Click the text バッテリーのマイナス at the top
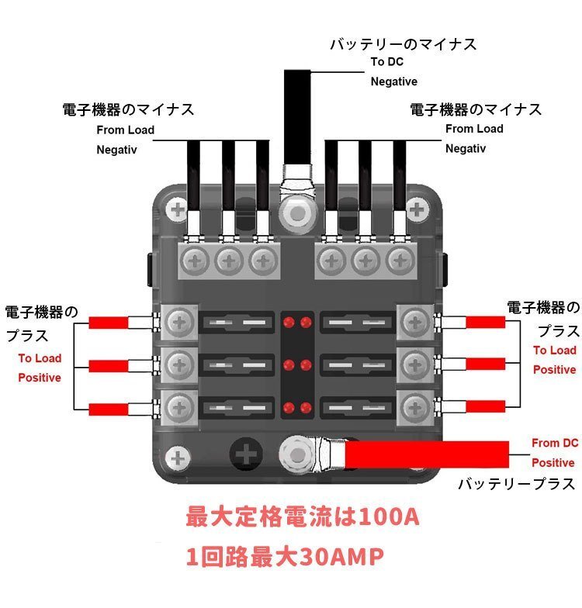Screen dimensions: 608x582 (403, 44)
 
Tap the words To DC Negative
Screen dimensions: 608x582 (393, 71)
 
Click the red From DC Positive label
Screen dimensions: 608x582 (553, 453)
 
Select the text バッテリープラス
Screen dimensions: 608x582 (516, 484)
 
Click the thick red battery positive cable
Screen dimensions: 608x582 (427, 454)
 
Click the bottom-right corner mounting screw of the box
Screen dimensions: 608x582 (418, 458)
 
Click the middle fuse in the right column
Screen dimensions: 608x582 (357, 363)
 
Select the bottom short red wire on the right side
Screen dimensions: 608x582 (484, 405)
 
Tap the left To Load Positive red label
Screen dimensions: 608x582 (40, 368)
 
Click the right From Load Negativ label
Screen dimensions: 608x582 (474, 138)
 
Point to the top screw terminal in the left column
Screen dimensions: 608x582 (179, 321)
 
